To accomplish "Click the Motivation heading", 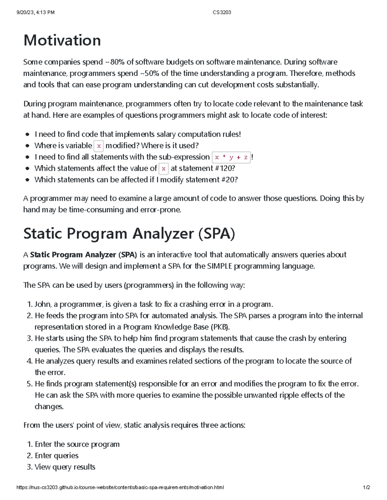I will tap(62, 41).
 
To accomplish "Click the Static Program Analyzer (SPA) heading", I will tap(129, 233).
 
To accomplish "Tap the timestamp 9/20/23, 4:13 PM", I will tap(35, 13).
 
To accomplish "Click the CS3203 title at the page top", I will tap(222, 13).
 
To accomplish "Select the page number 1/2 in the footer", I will tap(366, 487).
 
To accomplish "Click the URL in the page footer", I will tap(120, 487).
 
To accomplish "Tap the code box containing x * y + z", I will tap(231, 157).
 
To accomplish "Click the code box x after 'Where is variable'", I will tap(99, 146).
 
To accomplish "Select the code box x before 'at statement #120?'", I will tap(164, 168).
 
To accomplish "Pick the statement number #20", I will tap(229, 180).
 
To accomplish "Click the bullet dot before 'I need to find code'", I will tap(28, 134).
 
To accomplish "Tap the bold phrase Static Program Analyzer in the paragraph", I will tap(73, 255).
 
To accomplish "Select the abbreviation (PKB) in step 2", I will tap(220, 327).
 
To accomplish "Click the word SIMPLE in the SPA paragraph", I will tap(219, 266).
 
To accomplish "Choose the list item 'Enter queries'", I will tap(56, 456).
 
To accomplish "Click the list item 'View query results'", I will tap(65, 467).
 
